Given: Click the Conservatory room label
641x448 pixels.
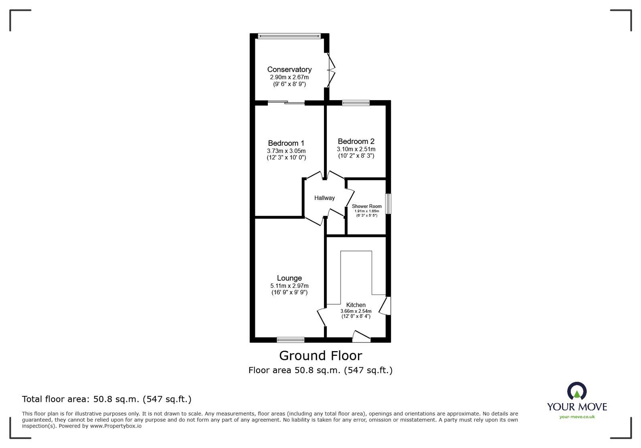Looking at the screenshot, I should [289, 70].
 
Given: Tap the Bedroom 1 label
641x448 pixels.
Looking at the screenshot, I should [286, 143].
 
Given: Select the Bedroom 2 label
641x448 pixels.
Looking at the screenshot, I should [356, 142].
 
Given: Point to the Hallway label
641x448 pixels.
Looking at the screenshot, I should [324, 198].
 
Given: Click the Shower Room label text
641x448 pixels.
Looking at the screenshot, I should [367, 207].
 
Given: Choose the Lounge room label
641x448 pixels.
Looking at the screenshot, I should [289, 278].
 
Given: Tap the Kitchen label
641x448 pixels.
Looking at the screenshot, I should [356, 305].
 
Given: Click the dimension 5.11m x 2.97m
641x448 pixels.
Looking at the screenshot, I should [289, 286].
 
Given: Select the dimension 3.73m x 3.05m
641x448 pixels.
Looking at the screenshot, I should [286, 151].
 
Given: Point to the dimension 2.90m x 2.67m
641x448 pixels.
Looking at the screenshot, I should [289, 77].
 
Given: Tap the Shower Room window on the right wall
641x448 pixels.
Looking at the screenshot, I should [388, 204].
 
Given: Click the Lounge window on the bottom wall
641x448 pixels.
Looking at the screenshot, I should [291, 340].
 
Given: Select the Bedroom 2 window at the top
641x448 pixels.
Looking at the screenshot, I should [356, 103].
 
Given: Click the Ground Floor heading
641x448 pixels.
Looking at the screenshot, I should [320, 356].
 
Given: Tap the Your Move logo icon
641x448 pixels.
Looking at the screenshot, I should [577, 391].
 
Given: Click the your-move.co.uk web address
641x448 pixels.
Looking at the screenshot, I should [577, 417].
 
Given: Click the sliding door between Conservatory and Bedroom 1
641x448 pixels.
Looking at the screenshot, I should [286, 103].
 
